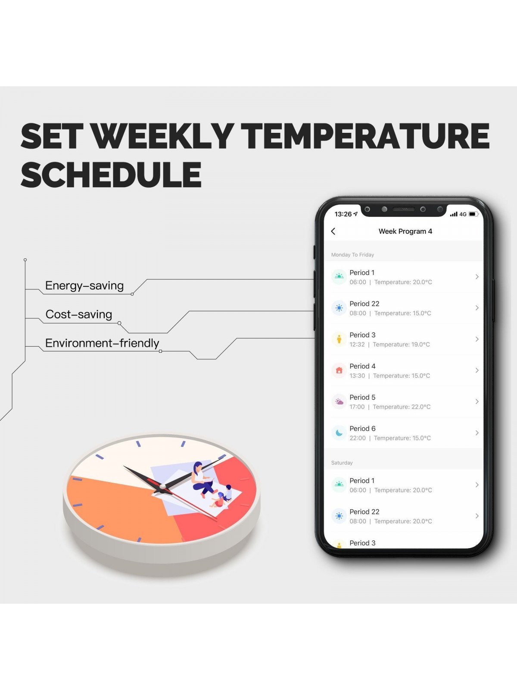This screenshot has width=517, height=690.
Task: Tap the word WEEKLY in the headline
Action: [x=164, y=136]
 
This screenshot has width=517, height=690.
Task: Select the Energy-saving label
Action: [x=84, y=285]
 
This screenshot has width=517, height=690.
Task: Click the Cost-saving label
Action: [x=79, y=314]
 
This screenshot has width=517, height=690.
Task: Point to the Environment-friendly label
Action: [x=102, y=343]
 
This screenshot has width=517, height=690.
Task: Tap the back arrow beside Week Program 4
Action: [x=333, y=231]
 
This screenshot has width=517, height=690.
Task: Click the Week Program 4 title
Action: [x=405, y=231]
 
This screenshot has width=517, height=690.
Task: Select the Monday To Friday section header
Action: [x=352, y=254]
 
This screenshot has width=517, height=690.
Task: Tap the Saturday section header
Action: [x=342, y=463]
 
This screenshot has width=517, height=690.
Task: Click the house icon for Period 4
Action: [x=339, y=370]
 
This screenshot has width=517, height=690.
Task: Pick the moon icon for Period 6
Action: [x=339, y=433]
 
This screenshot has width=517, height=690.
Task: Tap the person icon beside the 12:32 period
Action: [x=339, y=339]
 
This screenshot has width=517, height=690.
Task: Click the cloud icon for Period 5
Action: [x=339, y=401]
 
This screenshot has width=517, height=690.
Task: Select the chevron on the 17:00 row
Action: [x=477, y=401]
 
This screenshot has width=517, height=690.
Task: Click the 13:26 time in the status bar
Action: [x=343, y=214]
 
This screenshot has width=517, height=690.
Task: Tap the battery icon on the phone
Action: [x=473, y=214]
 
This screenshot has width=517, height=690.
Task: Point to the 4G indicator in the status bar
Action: [x=463, y=214]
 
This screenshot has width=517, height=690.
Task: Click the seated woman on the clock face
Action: [x=202, y=480]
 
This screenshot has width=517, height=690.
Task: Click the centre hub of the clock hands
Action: [x=162, y=486]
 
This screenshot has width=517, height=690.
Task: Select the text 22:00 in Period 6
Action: [x=358, y=438]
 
